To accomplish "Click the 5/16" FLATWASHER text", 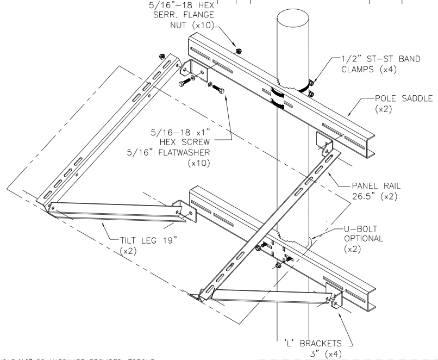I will tap(177, 152).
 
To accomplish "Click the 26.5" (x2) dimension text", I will tap(371, 195).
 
